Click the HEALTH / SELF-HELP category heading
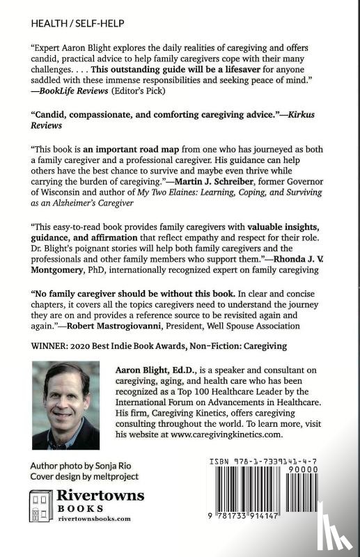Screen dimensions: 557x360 78,24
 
